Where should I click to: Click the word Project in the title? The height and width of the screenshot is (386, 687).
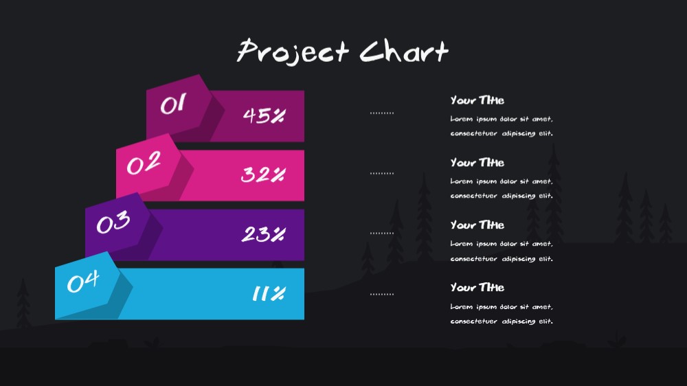pyautogui.click(x=293, y=52)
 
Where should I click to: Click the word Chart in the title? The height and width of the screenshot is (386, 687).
pyautogui.click(x=404, y=52)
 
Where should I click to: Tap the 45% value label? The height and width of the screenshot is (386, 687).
pyautogui.click(x=264, y=115)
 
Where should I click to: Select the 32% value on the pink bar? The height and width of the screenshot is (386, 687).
pyautogui.click(x=263, y=175)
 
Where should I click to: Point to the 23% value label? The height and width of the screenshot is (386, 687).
pyautogui.click(x=263, y=234)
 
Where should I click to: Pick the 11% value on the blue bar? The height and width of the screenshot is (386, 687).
pyautogui.click(x=269, y=293)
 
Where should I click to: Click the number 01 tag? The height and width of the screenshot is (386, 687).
pyautogui.click(x=173, y=104)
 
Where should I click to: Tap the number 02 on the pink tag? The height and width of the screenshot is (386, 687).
pyautogui.click(x=144, y=163)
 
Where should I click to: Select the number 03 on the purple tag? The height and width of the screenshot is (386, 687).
pyautogui.click(x=113, y=222)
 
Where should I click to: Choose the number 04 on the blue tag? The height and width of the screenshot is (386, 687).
pyautogui.click(x=83, y=282)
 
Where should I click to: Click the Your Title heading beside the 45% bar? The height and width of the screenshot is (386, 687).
pyautogui.click(x=477, y=100)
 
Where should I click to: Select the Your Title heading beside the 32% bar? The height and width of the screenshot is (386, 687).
pyautogui.click(x=477, y=163)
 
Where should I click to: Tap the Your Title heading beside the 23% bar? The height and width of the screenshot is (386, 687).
pyautogui.click(x=477, y=225)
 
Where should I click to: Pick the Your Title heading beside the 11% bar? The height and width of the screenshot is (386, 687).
pyautogui.click(x=477, y=287)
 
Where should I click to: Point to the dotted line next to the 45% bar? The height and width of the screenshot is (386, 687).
pyautogui.click(x=381, y=113)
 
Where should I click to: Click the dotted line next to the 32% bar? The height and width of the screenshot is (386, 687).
pyautogui.click(x=381, y=174)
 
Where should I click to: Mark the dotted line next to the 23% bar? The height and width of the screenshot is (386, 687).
pyautogui.click(x=381, y=234)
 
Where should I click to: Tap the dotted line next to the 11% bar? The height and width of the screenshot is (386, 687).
pyautogui.click(x=381, y=295)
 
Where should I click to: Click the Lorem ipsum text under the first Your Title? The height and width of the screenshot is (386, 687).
pyautogui.click(x=502, y=126)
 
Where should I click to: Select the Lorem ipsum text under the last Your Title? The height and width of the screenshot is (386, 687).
pyautogui.click(x=502, y=314)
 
